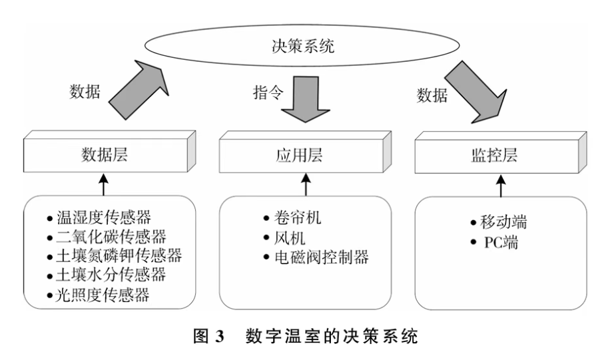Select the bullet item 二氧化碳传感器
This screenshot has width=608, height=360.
tap(109, 236)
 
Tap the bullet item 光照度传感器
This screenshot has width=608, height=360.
tap(101, 294)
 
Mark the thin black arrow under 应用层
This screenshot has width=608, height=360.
tap(304, 184)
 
